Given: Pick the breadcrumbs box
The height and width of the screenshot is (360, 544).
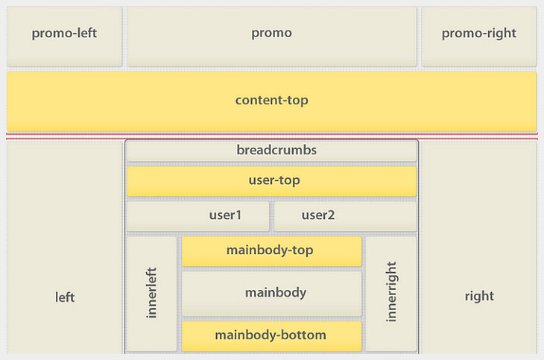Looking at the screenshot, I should [x=271, y=151].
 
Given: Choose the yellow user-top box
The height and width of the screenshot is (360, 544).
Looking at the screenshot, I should [x=271, y=181].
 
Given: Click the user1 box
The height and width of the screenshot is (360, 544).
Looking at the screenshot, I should [x=197, y=216].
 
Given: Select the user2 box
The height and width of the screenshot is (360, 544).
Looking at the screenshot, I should [x=345, y=216].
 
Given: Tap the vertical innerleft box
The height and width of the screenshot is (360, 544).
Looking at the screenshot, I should [x=152, y=294].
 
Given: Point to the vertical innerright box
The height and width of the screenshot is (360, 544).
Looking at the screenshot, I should [x=391, y=294].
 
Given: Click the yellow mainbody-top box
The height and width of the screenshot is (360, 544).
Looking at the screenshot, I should [x=271, y=251].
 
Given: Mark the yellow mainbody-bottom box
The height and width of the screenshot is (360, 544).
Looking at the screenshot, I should [x=271, y=336].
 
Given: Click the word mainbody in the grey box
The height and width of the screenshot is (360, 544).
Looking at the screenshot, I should [x=276, y=293].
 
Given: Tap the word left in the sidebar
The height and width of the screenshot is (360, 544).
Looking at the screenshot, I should [x=65, y=297].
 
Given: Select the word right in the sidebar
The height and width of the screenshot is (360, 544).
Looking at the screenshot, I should [x=479, y=296].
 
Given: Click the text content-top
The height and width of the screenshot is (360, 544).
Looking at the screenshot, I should [x=271, y=100].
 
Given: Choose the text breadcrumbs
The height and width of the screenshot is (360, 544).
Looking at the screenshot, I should [x=276, y=150].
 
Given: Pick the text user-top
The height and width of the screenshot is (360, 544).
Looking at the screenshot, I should [x=274, y=180].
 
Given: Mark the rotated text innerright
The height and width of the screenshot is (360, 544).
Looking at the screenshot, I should [x=392, y=291].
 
